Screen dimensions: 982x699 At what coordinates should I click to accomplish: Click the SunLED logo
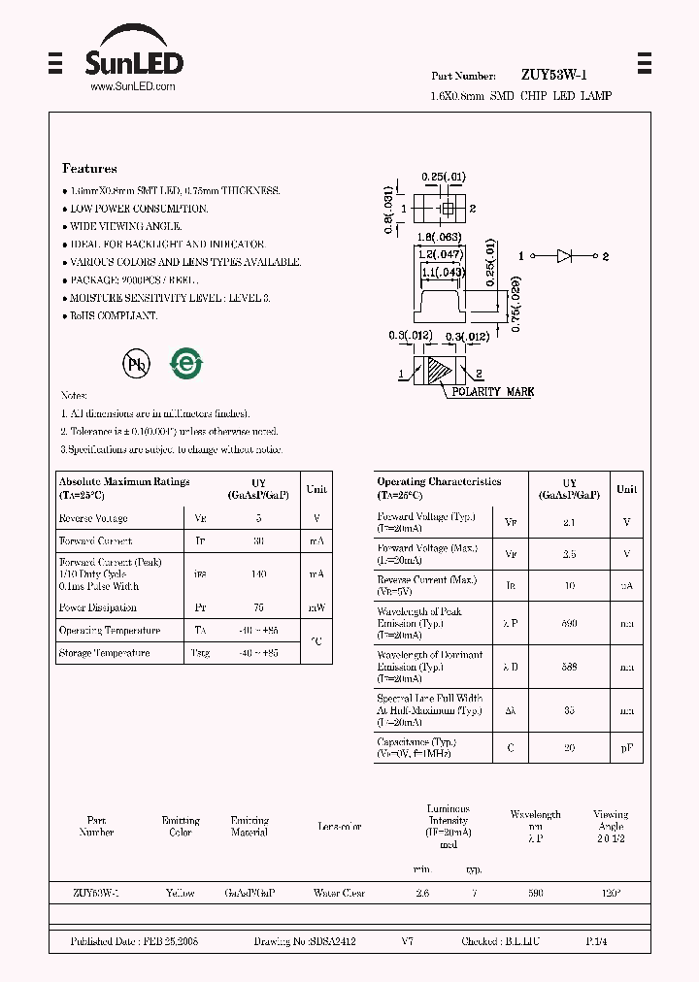coord(134,55)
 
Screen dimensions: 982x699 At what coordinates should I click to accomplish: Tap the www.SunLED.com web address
coord(133,86)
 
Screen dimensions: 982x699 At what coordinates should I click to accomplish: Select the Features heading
coord(89,168)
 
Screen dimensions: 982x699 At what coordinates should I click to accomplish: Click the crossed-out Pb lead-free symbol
coord(135,362)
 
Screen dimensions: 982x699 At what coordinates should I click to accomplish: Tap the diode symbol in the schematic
coord(566,256)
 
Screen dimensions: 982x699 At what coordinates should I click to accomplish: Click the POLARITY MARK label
coord(492,392)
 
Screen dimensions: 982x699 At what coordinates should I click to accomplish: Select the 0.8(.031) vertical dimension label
coord(389,209)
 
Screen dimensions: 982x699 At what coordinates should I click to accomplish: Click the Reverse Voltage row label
coord(93,519)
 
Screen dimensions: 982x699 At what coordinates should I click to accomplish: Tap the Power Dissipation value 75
coord(258,608)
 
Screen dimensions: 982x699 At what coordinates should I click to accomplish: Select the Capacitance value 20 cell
coord(570,747)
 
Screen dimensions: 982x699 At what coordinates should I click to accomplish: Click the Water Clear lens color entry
coord(339,893)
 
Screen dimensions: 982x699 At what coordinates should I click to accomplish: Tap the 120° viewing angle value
coord(611,893)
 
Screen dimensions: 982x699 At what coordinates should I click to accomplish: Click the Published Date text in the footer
coord(134,941)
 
